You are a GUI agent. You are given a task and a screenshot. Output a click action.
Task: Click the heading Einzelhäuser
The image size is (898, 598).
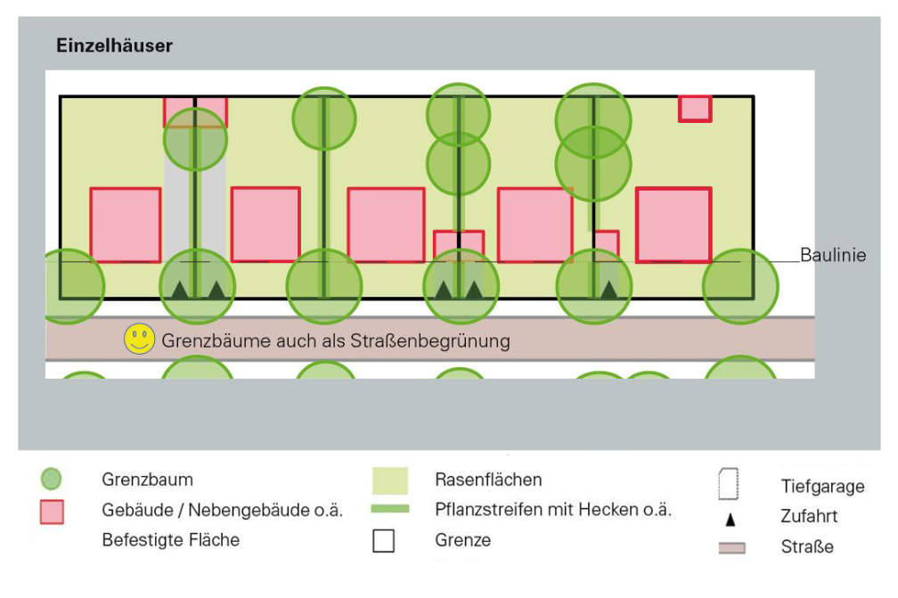coord(114,45)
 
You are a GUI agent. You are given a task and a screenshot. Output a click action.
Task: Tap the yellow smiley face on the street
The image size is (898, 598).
coord(139,340)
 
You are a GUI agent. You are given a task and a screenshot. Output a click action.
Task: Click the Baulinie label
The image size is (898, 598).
coord(833,255)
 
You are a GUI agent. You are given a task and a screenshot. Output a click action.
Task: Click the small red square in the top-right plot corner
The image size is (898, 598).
coord(695,108)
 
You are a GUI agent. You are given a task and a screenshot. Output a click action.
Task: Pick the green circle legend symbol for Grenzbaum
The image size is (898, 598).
coord(53,479)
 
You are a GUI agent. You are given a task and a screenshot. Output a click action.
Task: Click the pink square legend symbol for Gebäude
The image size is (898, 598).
coord(53,512)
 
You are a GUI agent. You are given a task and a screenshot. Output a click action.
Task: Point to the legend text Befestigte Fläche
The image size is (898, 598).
coord(170,539)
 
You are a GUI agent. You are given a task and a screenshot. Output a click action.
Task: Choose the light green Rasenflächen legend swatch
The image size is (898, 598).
coord(389,480)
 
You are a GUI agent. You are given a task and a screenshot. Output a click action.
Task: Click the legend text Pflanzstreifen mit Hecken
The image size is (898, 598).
coord(553,510)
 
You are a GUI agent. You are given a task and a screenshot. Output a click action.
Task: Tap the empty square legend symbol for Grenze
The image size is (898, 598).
coord(383,540)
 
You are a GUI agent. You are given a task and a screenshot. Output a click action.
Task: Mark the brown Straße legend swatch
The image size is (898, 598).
coord(731,547)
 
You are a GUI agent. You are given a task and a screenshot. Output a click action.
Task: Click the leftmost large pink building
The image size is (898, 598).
coord(126,224)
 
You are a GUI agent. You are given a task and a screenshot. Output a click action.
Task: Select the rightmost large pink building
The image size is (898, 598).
coord(673,225)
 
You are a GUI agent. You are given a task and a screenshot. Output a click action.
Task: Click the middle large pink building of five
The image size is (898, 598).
coord(386,225)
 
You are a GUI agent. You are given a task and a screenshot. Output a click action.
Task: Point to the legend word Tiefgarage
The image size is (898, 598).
coord(822,487)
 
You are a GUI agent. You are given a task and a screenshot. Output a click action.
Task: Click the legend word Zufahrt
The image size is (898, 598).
coord(810,516)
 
